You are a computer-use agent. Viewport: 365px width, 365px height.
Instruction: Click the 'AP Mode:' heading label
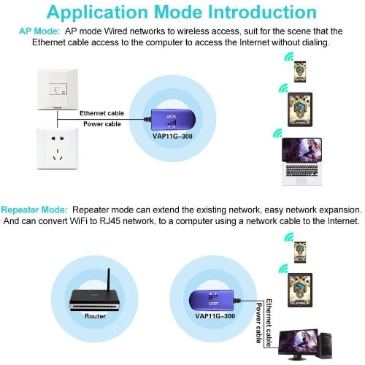pyautogui.click(x=39, y=31)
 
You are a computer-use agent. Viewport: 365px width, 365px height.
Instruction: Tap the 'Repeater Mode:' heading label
pyautogui.click(x=34, y=210)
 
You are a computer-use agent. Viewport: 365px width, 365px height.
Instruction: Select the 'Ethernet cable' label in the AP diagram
pyautogui.click(x=101, y=113)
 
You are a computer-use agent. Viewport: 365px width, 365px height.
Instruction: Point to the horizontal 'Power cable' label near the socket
pyautogui.click(x=102, y=124)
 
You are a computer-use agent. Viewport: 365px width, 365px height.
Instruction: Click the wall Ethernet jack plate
pyautogui.click(x=58, y=89)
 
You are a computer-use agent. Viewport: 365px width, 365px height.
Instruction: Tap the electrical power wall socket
pyautogui.click(x=58, y=149)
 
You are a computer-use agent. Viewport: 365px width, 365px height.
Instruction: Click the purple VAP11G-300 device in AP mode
pyautogui.click(x=171, y=120)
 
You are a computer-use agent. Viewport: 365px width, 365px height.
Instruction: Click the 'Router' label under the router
pyautogui.click(x=95, y=316)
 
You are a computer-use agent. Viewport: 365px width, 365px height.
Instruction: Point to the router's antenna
pyautogui.click(x=109, y=280)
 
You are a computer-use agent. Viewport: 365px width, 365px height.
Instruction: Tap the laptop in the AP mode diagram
pyautogui.click(x=301, y=162)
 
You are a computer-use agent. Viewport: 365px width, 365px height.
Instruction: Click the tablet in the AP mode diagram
pyautogui.click(x=300, y=109)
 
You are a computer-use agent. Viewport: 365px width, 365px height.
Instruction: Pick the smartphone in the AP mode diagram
pyautogui.click(x=300, y=72)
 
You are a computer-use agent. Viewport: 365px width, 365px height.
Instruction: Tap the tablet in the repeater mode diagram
pyautogui.click(x=300, y=290)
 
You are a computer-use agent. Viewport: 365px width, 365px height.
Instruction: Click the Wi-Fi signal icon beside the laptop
pyautogui.click(x=277, y=133)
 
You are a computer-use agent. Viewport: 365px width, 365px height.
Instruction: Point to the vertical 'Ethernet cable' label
pyautogui.click(x=269, y=323)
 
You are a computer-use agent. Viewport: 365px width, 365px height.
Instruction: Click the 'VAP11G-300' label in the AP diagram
pyautogui.click(x=172, y=137)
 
